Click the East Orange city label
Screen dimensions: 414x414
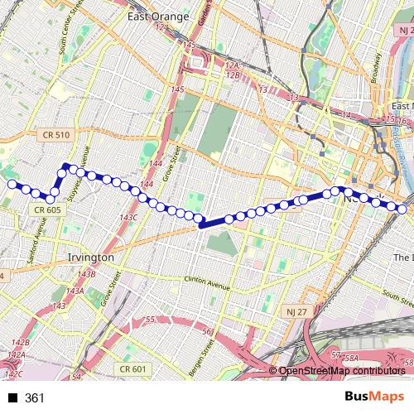point(159,17)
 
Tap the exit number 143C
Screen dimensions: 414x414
point(128,217)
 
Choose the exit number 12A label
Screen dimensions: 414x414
point(231,65)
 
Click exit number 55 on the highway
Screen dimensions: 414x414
point(150,320)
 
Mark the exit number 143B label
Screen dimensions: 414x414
point(87,274)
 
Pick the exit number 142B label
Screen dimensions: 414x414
point(20,342)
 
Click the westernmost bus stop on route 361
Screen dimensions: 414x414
point(12,184)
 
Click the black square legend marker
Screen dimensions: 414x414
point(11,398)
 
